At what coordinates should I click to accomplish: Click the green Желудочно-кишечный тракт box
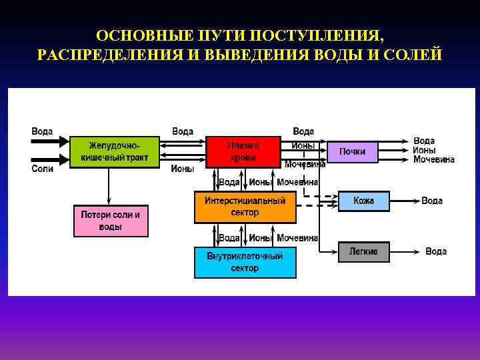[114, 151]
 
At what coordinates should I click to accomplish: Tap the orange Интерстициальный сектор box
[245, 207]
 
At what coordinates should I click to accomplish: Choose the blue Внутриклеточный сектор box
[245, 262]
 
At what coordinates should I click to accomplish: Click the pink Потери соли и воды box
[111, 221]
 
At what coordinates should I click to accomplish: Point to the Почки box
[353, 151]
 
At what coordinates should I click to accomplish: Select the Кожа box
[363, 201]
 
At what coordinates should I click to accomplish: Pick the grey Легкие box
[363, 251]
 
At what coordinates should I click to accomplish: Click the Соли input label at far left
[42, 169]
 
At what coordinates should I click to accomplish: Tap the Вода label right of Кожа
[432, 201]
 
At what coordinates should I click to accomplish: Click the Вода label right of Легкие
[436, 251]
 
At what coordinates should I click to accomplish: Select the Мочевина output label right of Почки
[433, 160]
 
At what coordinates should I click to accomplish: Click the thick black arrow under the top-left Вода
[51, 141]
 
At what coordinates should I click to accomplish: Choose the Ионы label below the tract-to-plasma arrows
[183, 169]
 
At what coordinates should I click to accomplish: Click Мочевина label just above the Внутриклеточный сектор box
[297, 237]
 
